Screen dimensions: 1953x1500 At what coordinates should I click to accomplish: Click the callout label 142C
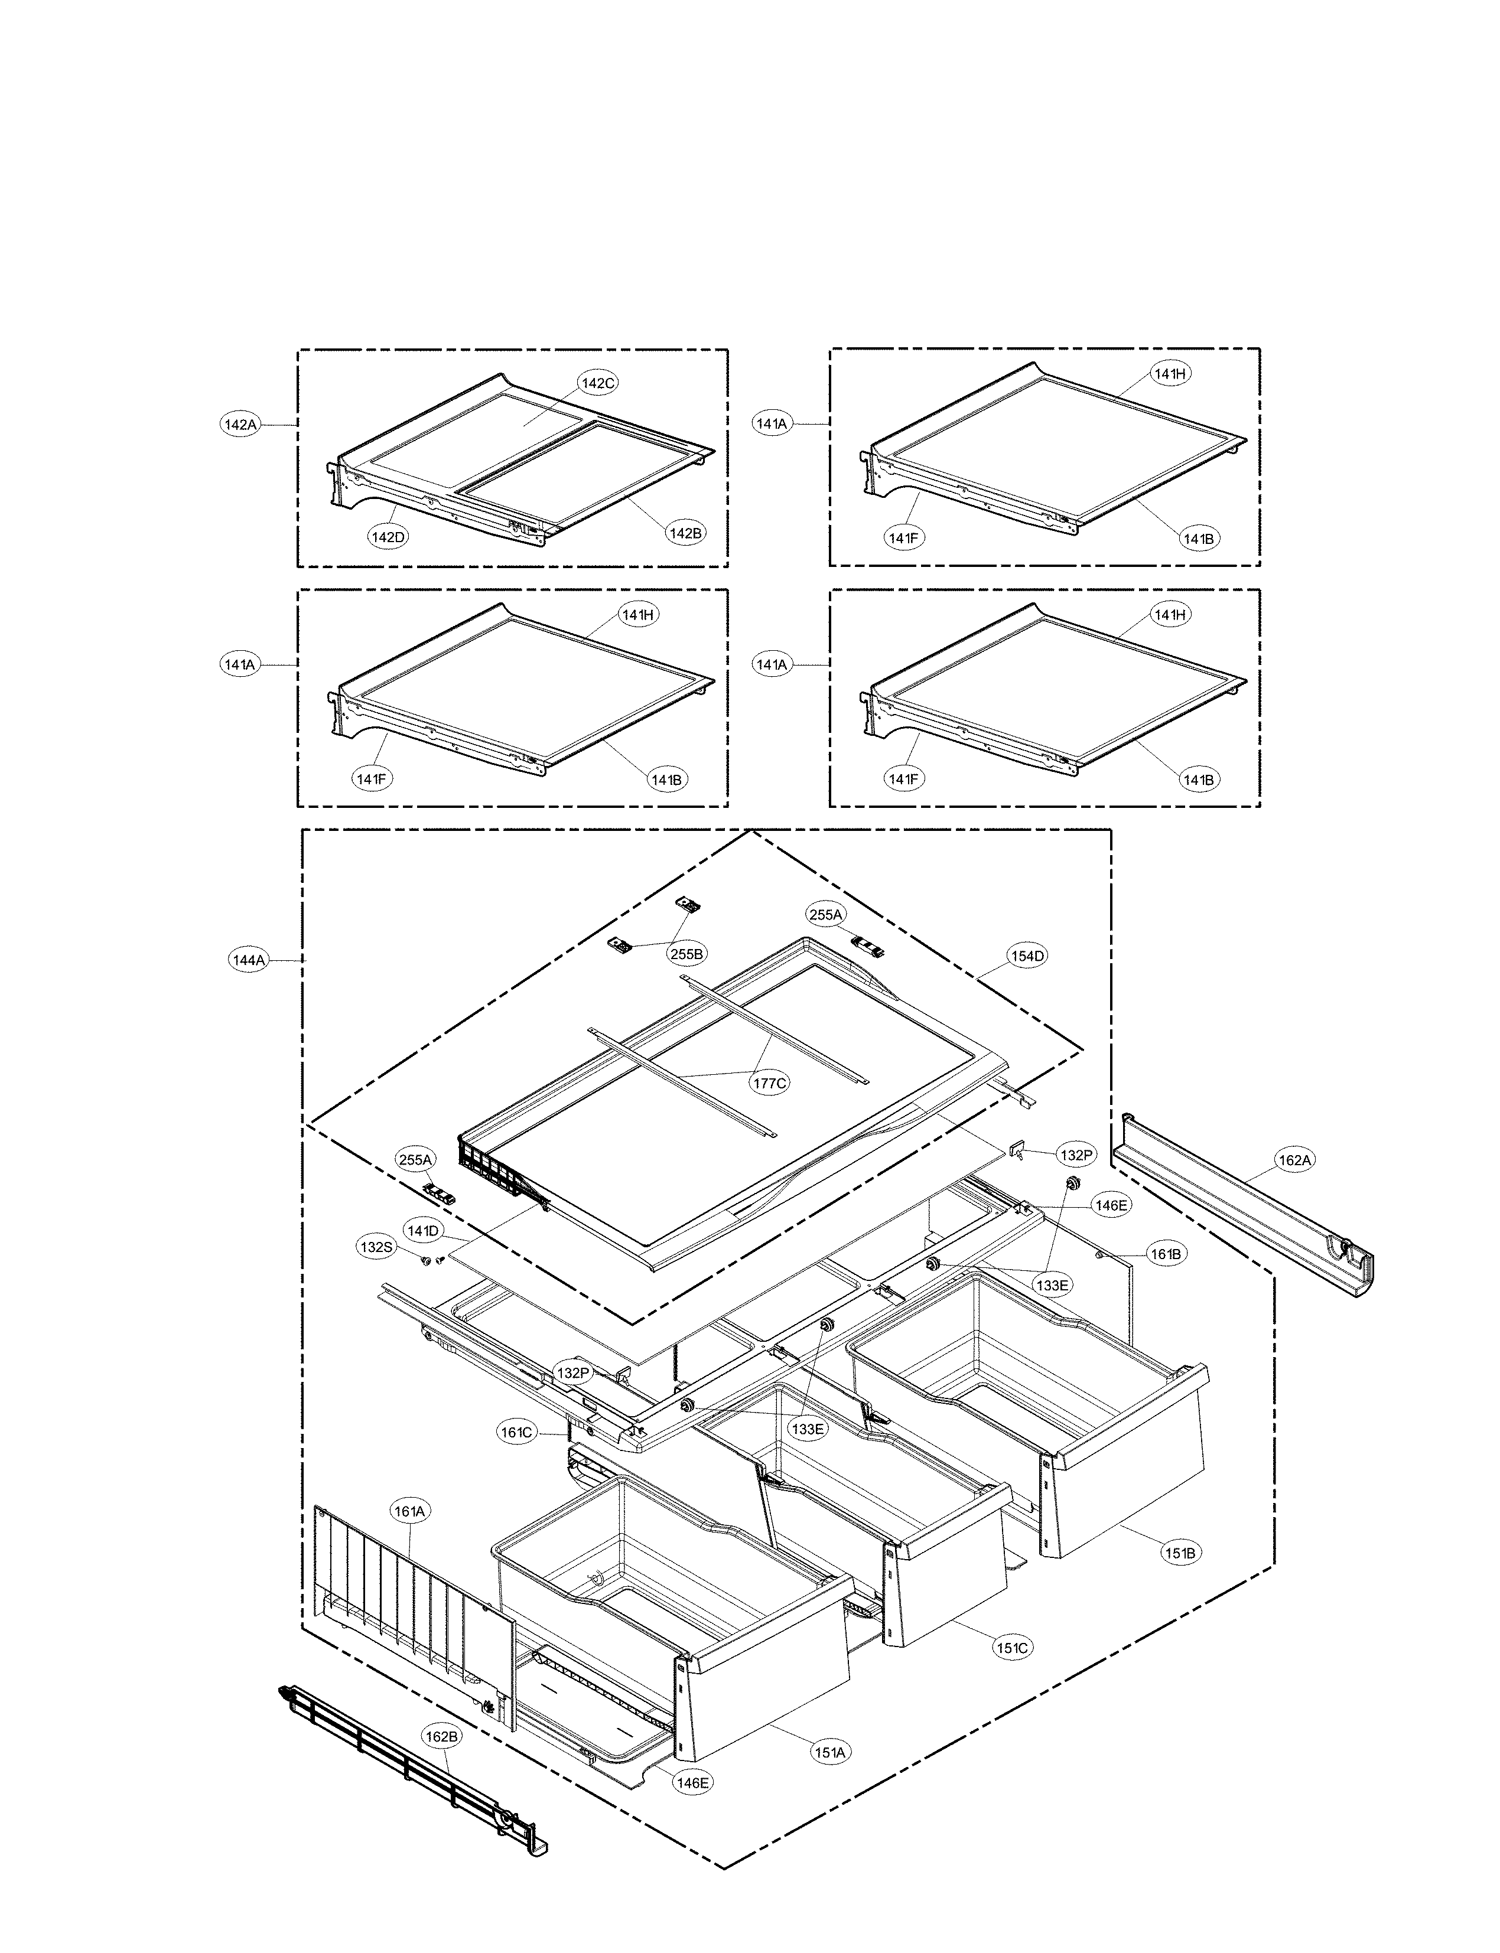pyautogui.click(x=598, y=383)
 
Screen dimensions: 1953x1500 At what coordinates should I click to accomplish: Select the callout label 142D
pyautogui.click(x=388, y=537)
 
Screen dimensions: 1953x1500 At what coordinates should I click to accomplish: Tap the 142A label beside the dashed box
pyautogui.click(x=239, y=425)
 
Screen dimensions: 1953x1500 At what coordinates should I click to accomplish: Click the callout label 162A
pyautogui.click(x=1294, y=1160)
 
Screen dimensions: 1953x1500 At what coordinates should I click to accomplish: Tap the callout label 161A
pyautogui.click(x=410, y=1511)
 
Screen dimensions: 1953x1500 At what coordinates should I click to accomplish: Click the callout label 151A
pyautogui.click(x=829, y=1752)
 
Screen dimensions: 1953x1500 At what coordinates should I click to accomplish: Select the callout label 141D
pyautogui.click(x=423, y=1231)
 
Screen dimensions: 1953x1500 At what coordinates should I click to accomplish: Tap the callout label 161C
pyautogui.click(x=516, y=1433)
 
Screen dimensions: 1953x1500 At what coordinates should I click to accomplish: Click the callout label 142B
pyautogui.click(x=685, y=533)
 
